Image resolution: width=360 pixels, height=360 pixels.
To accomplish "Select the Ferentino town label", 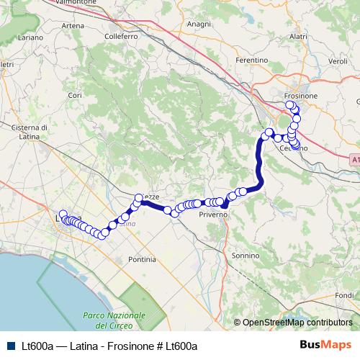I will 251,60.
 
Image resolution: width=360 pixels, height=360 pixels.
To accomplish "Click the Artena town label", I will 73,26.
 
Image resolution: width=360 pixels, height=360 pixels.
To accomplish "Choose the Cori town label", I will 74,94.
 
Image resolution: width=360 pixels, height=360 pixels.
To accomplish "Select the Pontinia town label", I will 141,258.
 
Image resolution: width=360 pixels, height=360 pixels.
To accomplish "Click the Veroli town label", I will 338,62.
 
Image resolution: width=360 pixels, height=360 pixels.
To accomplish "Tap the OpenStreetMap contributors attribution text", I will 297,323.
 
